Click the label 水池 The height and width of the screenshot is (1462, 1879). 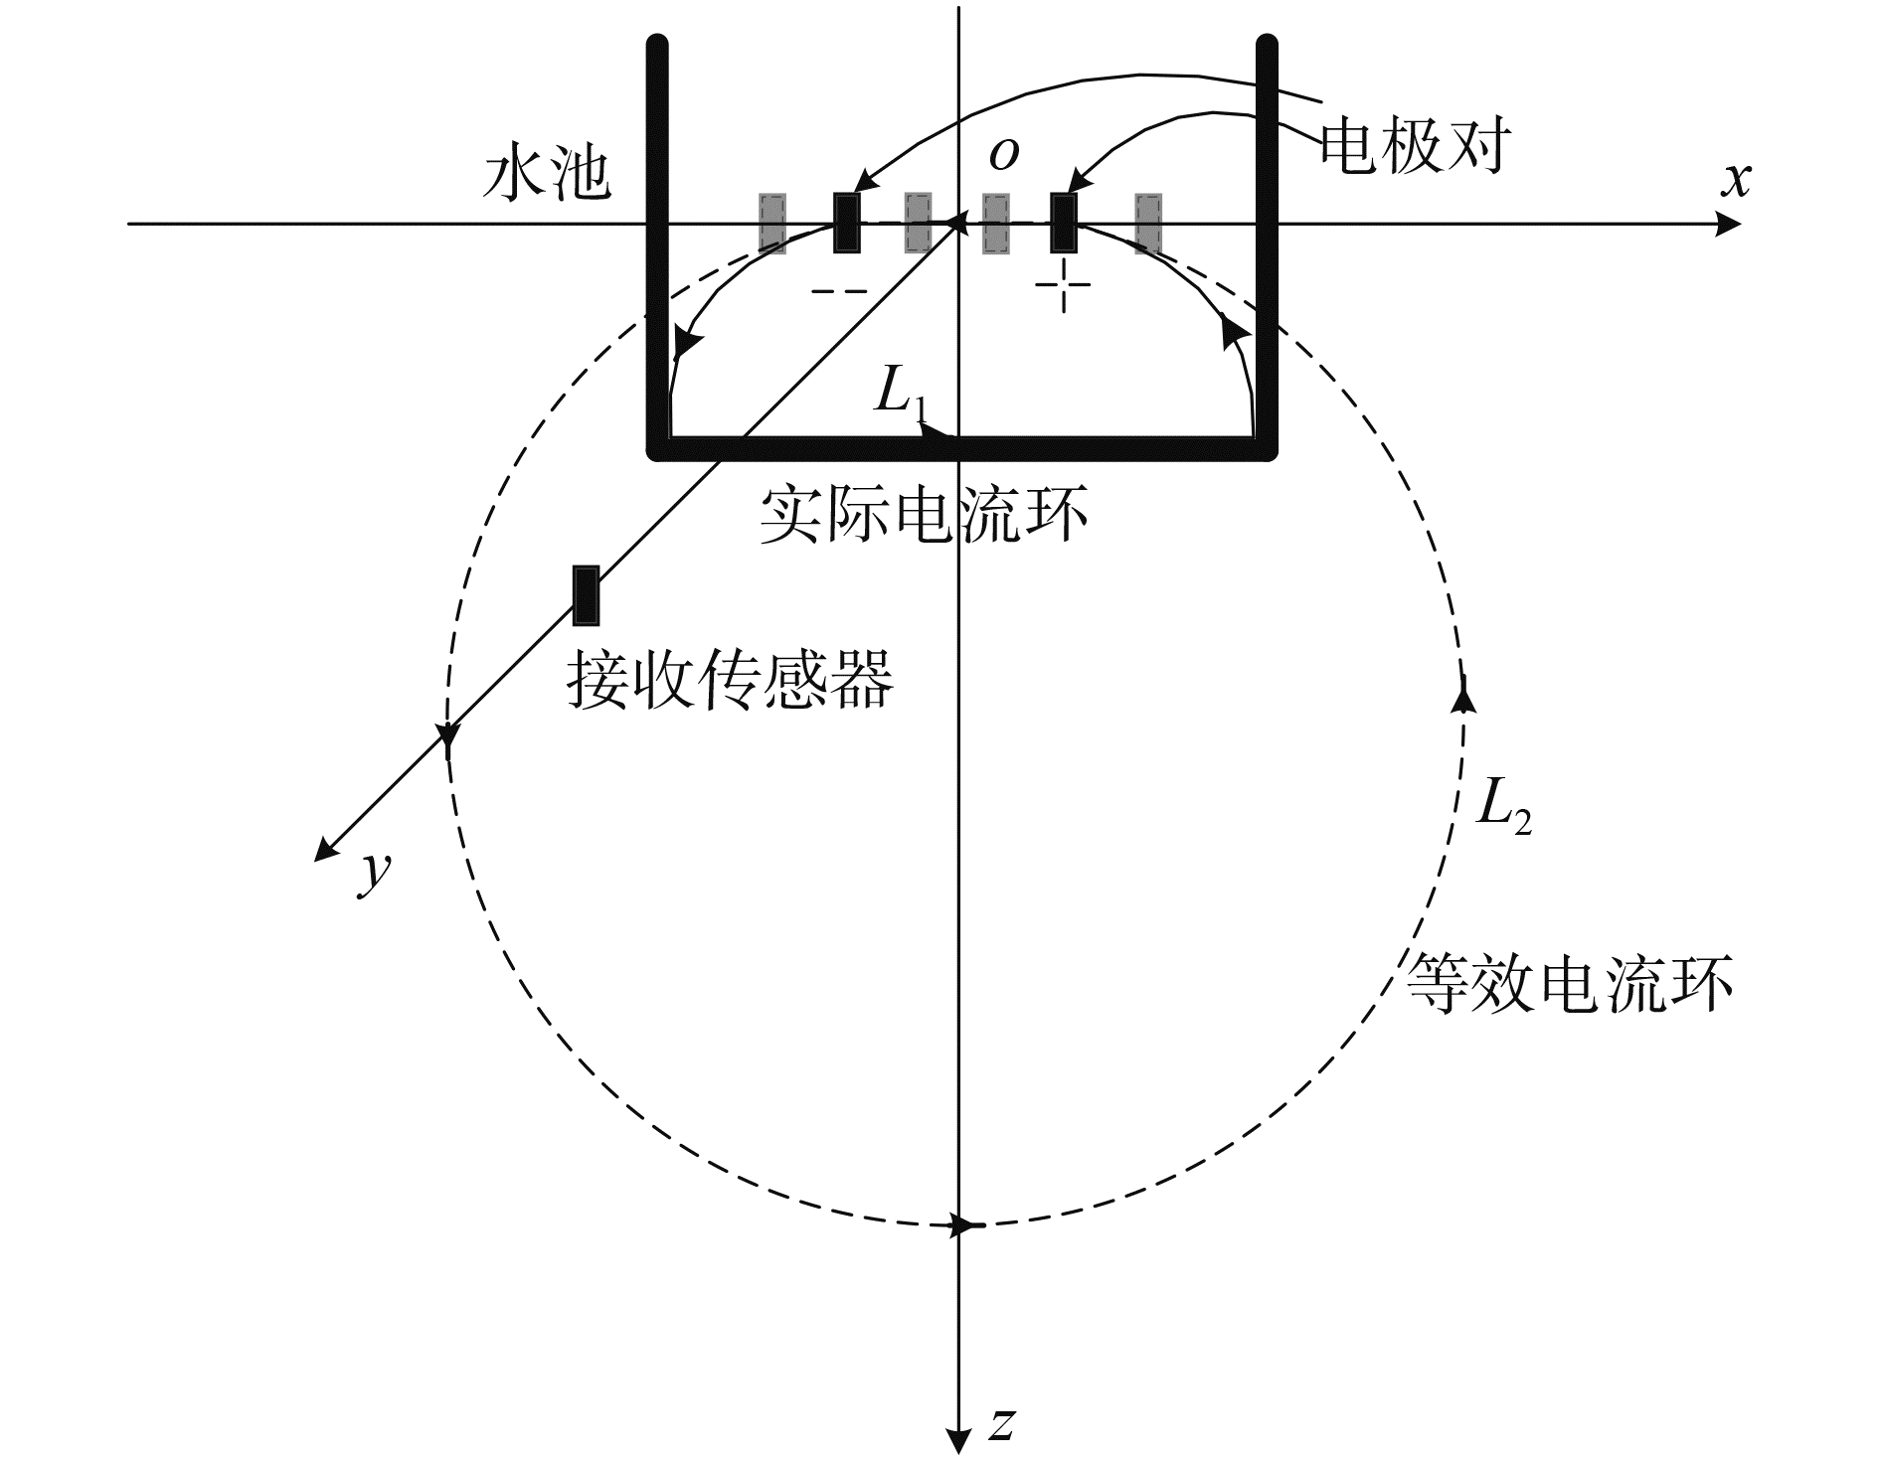tap(546, 178)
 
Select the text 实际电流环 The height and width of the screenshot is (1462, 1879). tap(924, 515)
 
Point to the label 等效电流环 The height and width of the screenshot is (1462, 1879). tap(1570, 984)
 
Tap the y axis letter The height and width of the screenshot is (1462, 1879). tap(374, 872)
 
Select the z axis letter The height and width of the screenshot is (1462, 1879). tap(1002, 1424)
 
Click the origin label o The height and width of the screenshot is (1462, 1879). tap(1004, 155)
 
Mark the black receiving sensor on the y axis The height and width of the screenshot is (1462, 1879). tap(586, 595)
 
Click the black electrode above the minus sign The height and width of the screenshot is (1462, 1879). tap(847, 223)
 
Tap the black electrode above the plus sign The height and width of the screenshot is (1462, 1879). tap(1064, 223)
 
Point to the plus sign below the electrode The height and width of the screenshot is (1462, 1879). tap(1064, 285)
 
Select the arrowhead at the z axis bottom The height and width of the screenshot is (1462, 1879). tap(957, 1440)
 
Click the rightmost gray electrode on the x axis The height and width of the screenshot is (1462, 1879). tap(1148, 223)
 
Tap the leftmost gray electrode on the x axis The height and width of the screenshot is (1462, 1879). tap(772, 223)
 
